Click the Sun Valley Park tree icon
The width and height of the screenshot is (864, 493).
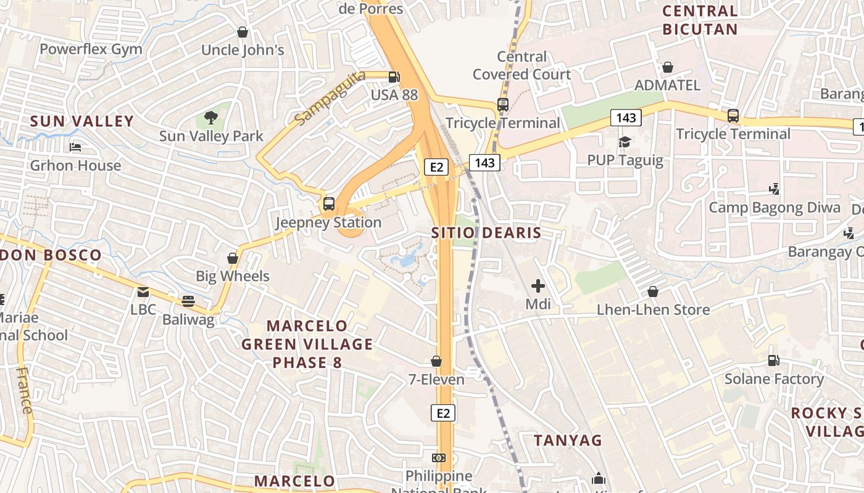[211, 117]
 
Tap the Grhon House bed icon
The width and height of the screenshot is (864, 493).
[75, 147]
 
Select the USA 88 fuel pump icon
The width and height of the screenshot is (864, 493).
[394, 77]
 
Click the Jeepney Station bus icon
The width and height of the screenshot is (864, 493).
[329, 203]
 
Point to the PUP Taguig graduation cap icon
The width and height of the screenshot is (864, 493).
[625, 142]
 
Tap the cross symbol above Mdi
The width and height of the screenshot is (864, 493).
[538, 285]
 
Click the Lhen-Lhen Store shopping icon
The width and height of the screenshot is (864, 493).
[653, 291]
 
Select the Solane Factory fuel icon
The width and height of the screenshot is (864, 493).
[773, 360]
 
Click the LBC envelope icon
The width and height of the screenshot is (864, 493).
[143, 291]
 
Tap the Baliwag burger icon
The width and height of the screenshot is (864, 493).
[188, 301]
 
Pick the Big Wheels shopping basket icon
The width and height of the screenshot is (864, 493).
[233, 258]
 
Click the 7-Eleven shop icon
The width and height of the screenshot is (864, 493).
[436, 361]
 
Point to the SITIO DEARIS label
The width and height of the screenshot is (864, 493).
[486, 233]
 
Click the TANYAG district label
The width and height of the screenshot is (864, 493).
[567, 440]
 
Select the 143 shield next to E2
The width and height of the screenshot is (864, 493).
[484, 162]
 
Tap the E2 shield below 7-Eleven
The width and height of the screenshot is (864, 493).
[443, 413]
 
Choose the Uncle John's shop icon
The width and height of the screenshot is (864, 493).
[243, 31]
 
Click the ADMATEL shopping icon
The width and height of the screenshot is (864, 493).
[667, 67]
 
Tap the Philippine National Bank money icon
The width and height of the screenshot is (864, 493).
[439, 457]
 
